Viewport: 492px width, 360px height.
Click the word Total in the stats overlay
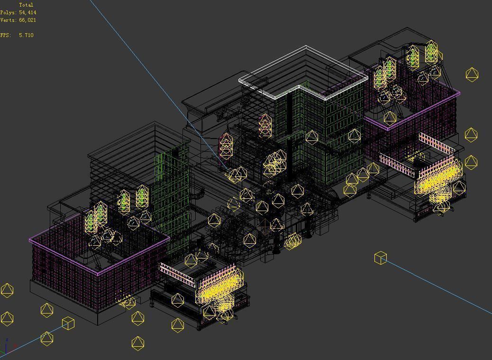tap(26, 5)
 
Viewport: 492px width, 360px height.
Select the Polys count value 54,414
tap(27, 12)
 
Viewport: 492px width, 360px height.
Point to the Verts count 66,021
tap(27, 20)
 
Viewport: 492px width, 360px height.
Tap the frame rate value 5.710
tap(26, 35)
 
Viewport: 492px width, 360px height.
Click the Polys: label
tap(8, 12)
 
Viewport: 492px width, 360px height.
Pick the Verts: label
tap(8, 20)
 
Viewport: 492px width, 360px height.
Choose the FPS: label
tap(5, 35)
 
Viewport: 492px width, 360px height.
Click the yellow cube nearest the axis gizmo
tap(68, 323)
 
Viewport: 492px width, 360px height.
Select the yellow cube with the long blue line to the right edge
tap(381, 258)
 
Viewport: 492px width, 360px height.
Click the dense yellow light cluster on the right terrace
tap(438, 183)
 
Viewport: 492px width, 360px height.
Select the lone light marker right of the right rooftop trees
tap(472, 74)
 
